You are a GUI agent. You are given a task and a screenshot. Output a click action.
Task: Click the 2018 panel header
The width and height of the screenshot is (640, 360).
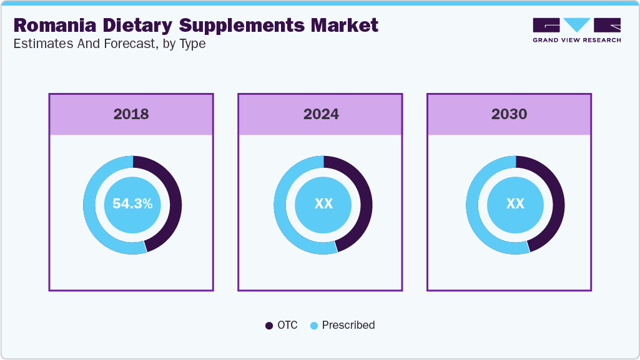(x=131, y=114)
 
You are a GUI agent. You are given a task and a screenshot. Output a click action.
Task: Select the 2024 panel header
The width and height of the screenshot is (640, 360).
(x=321, y=114)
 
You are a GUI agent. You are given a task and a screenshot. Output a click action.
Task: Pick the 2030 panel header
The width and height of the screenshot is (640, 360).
(x=509, y=114)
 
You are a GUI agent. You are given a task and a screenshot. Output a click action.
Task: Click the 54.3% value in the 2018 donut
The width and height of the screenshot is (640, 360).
(x=132, y=204)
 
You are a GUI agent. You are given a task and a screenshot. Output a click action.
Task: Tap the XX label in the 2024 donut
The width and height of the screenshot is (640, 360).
(x=323, y=204)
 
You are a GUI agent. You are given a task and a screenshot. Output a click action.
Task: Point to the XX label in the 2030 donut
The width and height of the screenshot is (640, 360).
(x=515, y=204)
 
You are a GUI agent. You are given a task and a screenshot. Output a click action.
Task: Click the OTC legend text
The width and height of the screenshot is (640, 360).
(x=288, y=325)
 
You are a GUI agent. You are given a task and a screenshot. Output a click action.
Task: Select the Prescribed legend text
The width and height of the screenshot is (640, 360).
(x=348, y=325)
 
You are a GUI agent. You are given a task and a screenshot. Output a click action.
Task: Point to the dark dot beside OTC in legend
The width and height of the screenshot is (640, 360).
(x=269, y=326)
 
